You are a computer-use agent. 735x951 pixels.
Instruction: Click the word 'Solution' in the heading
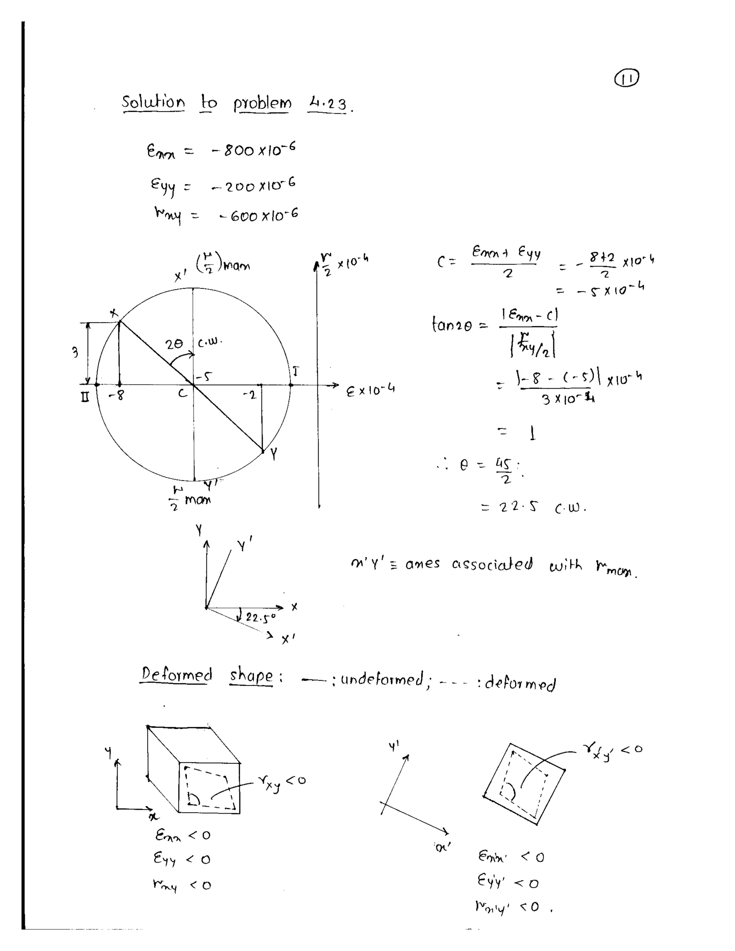(153, 102)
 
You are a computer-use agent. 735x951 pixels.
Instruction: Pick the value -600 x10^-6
(259, 215)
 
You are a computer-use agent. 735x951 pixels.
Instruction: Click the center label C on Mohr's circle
(183, 394)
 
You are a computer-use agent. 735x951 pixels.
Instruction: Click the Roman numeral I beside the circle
(296, 371)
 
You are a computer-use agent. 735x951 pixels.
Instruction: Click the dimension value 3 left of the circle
(75, 352)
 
